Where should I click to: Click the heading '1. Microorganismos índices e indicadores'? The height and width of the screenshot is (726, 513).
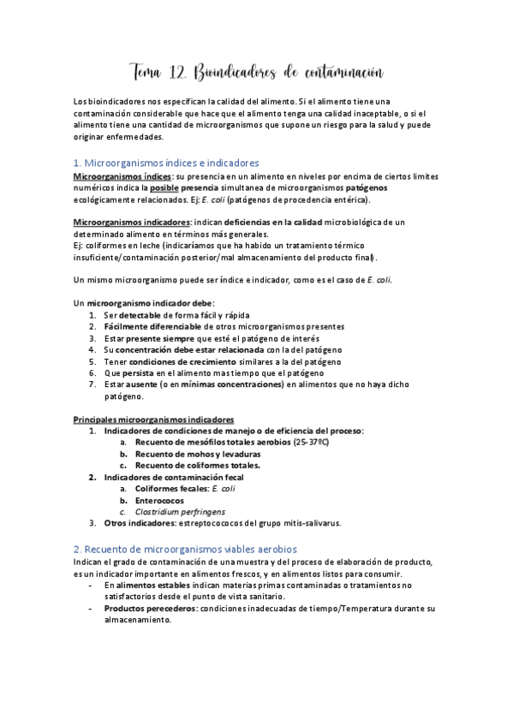coord(167,163)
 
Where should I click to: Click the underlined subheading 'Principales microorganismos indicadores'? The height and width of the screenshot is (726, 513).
coord(153,420)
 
